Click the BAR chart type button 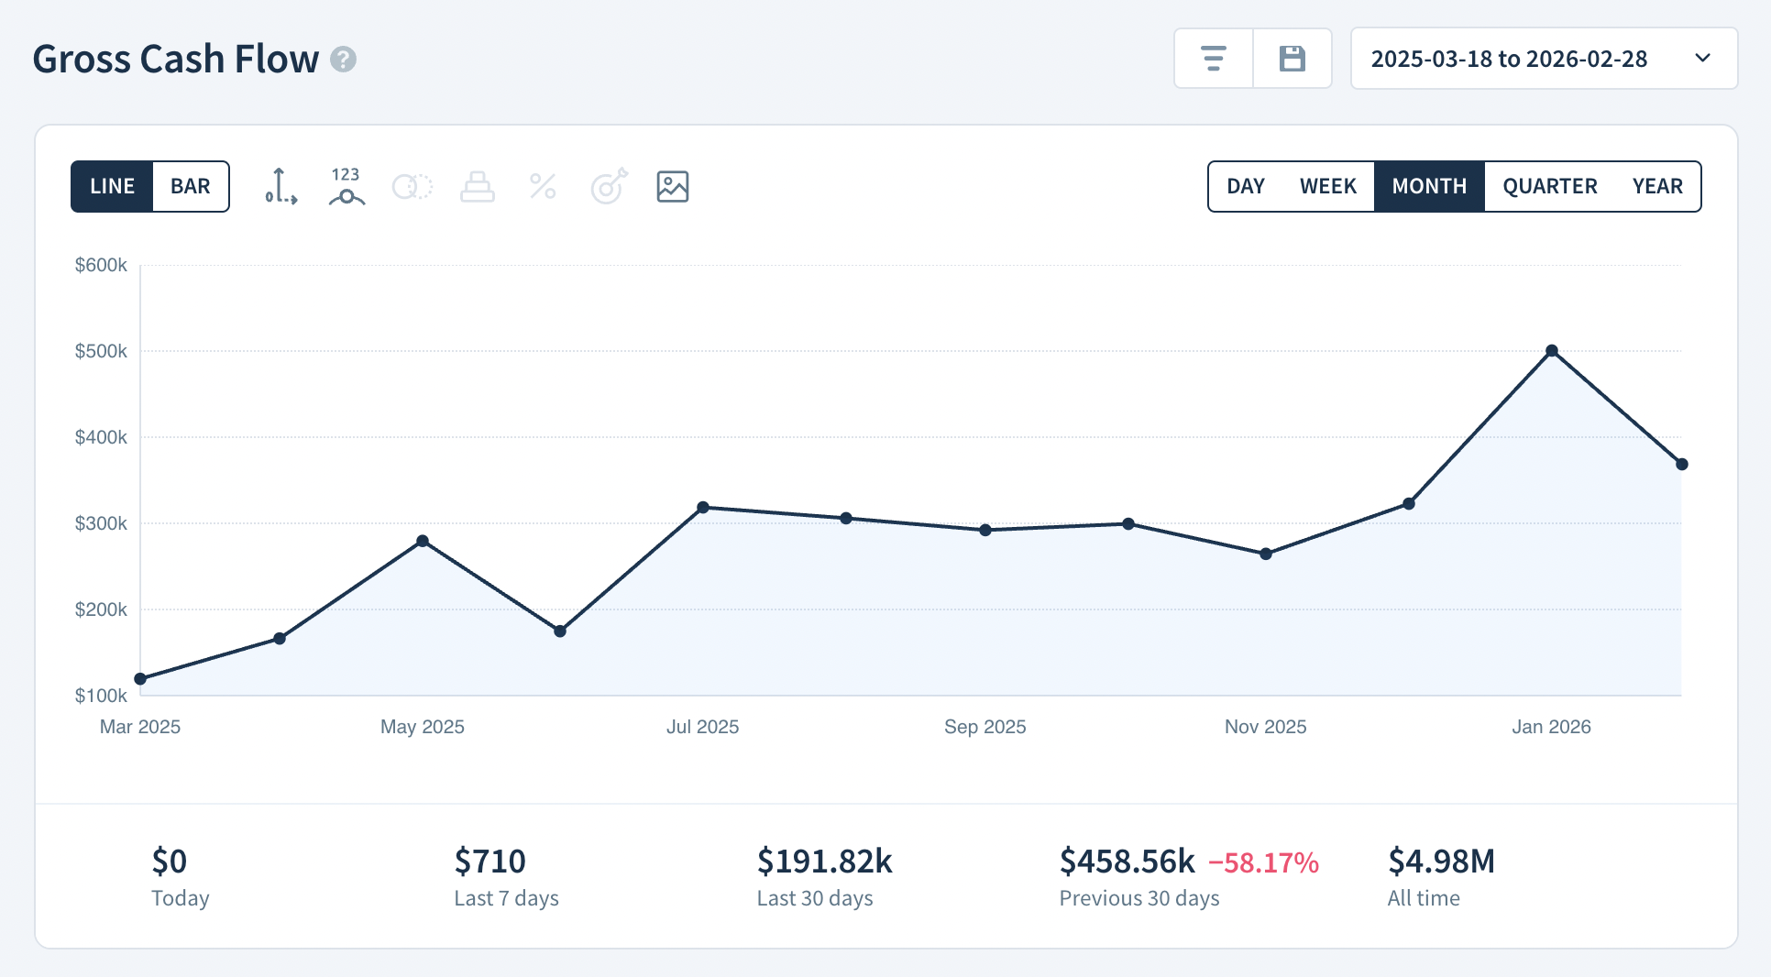191,186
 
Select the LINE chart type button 112,186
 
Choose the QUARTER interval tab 1549,186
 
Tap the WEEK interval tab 1327,186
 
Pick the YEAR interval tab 1656,186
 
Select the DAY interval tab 1245,186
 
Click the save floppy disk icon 1292,59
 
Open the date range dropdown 1544,59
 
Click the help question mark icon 343,60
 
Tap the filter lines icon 1214,59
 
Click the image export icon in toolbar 672,186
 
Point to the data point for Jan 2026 1552,351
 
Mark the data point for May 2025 423,541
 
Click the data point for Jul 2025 703,507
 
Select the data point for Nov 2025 1266,554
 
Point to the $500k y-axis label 101,351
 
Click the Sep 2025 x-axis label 984,727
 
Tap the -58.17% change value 1263,862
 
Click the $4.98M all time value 1441,862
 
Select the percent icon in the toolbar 543,186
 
